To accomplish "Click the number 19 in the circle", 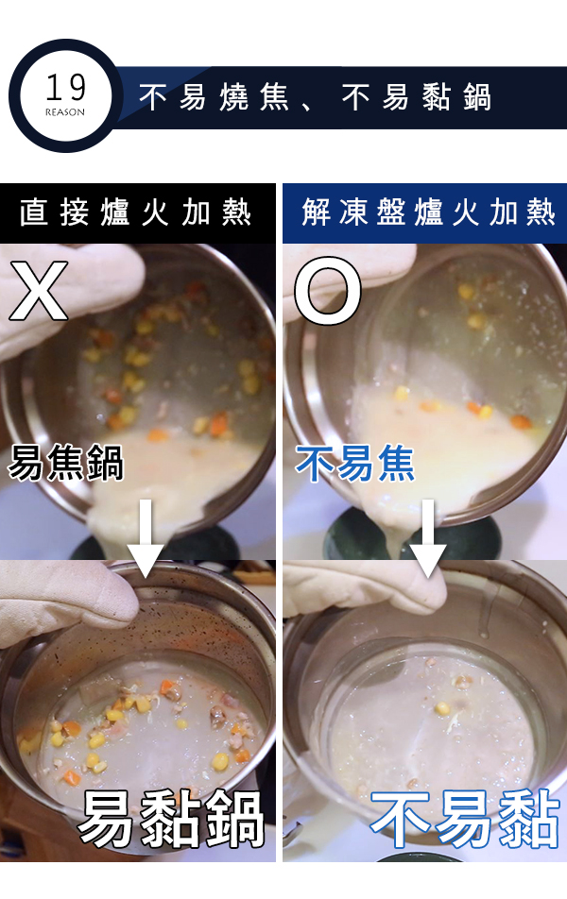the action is tap(66, 87).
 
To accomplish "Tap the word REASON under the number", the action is tap(65, 112).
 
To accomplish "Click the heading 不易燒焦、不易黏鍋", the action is tap(315, 96).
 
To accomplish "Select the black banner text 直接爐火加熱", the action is tap(135, 212).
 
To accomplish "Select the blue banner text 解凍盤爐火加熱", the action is tap(429, 212).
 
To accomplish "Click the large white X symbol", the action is tap(39, 290).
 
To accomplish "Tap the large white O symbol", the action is tap(328, 290).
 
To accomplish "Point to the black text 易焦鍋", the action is tap(66, 462).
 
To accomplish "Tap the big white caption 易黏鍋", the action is tap(171, 818).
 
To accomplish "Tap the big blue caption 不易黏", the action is tap(465, 818).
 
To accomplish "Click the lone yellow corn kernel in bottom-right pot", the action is tap(441, 708).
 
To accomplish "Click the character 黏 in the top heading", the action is tap(437, 96).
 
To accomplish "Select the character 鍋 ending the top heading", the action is tap(477, 96).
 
